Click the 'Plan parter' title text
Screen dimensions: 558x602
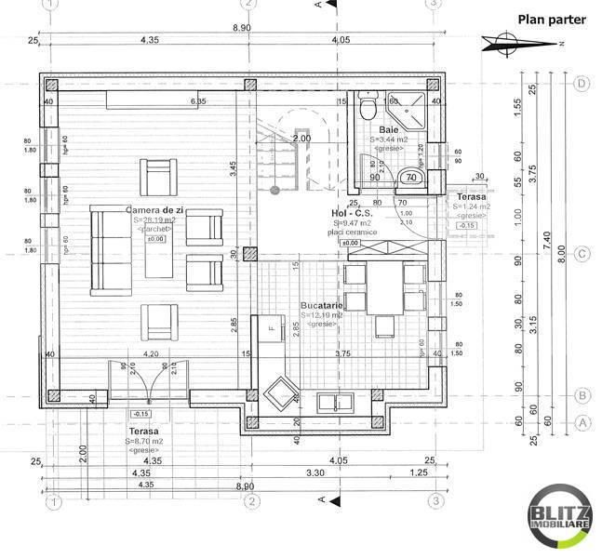tap(551, 18)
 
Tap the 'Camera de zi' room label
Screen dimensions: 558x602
tap(155, 211)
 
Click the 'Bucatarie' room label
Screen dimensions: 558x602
tap(322, 305)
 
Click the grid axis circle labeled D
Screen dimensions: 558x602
tap(582, 84)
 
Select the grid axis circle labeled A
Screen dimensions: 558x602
tap(582, 421)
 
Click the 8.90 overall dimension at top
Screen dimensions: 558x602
tap(242, 28)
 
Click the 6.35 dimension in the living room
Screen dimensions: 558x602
tap(198, 100)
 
